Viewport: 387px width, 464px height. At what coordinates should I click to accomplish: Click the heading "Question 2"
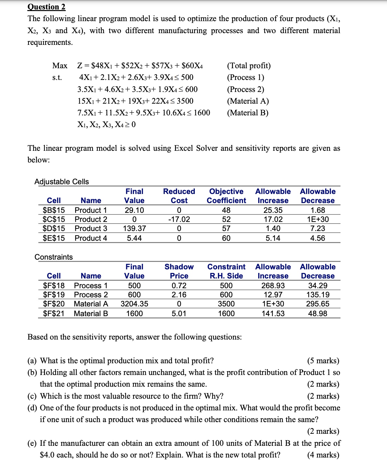click(47, 7)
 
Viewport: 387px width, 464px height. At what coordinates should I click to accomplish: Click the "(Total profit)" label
click(249, 66)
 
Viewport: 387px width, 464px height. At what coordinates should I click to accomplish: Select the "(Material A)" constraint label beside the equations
click(248, 101)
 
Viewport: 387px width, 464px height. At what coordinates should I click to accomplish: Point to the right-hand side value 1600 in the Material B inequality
click(202, 113)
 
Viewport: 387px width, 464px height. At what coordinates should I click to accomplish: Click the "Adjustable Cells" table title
click(61, 182)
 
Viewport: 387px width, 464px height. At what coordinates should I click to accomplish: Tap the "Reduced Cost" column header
click(179, 196)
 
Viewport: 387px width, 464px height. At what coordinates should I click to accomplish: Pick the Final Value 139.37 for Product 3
click(134, 228)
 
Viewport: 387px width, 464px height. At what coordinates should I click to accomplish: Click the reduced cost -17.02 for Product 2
click(179, 219)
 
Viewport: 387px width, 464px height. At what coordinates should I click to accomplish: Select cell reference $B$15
click(54, 210)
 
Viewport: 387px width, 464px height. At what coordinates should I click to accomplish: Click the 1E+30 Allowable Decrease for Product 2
click(318, 219)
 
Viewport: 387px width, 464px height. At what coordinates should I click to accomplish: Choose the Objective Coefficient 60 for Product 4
click(226, 238)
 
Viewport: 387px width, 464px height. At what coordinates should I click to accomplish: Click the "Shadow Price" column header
click(179, 271)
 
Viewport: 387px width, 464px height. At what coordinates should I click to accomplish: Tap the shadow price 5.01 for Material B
click(179, 314)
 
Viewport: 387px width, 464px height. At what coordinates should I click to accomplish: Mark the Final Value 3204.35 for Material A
click(134, 304)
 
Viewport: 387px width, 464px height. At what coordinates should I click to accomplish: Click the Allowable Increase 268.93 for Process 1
click(273, 286)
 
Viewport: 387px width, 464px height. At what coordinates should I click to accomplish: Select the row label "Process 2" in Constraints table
click(91, 295)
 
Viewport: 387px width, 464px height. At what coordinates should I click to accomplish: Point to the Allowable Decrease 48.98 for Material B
click(318, 314)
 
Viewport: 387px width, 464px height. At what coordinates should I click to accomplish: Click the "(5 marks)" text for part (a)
click(323, 361)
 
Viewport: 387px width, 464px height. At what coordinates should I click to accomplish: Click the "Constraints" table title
click(54, 257)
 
